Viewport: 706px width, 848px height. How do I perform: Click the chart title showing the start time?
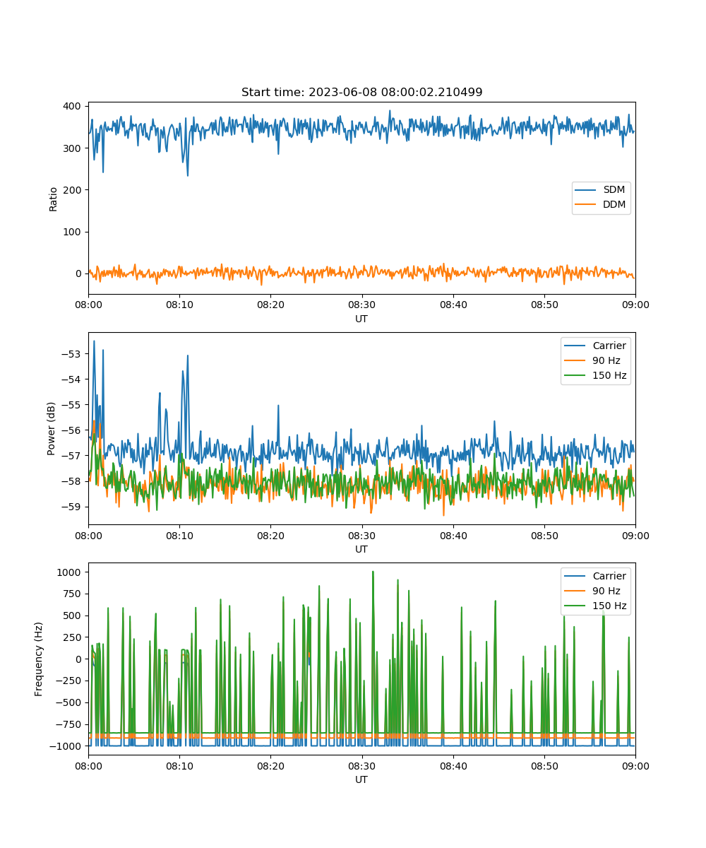pos(361,92)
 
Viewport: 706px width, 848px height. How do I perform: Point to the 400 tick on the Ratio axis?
pos(72,107)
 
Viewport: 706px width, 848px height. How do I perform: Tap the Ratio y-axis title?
pos(53,199)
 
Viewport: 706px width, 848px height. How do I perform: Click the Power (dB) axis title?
pos(51,428)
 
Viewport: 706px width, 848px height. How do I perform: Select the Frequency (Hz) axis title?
pos(39,659)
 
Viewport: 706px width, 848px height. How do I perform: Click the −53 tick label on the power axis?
pos(71,354)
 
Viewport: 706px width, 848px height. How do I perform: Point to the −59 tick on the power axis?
pos(71,507)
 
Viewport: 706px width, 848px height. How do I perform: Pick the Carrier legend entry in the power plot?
pos(595,346)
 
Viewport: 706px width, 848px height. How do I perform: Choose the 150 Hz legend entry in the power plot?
pos(595,375)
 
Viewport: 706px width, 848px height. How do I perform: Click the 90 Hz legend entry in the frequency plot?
pos(592,591)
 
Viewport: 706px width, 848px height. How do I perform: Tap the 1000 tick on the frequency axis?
pos(69,572)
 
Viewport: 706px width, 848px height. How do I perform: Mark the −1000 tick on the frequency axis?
pos(66,746)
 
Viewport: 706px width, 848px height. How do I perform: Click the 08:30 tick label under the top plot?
pos(361,305)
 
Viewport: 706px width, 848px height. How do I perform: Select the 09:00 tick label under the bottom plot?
pos(635,766)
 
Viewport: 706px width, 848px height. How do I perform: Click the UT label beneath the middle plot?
pos(361,549)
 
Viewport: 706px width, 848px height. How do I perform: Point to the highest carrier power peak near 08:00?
pos(94,341)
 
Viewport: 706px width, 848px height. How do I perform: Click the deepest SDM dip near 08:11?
pos(188,176)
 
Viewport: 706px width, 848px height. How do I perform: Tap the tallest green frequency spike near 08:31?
pos(373,572)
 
